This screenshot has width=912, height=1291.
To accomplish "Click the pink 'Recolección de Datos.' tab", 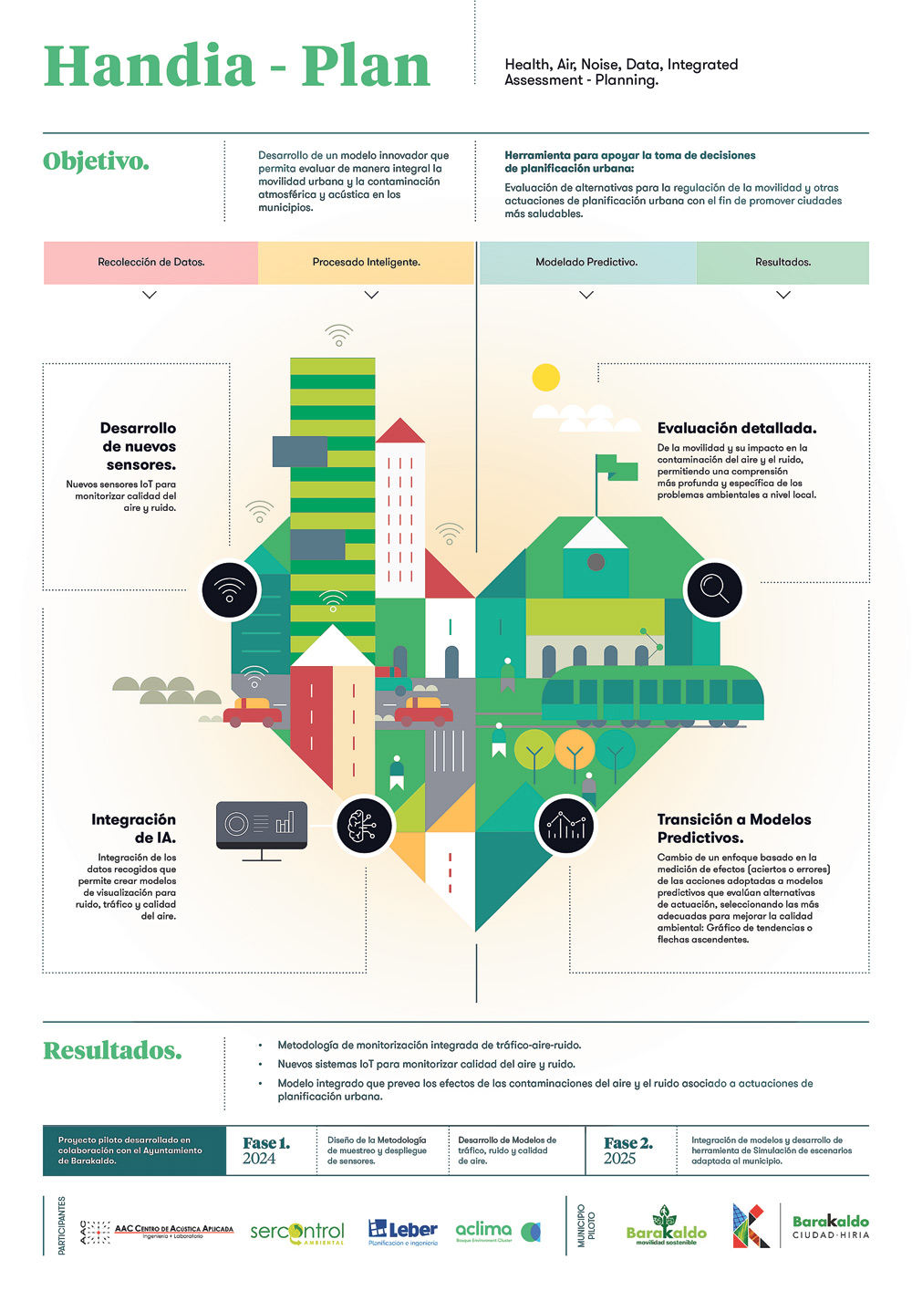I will tap(150, 263).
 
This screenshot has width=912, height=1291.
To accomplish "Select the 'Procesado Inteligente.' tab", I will tap(366, 263).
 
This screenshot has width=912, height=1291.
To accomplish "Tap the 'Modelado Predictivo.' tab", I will tap(586, 263).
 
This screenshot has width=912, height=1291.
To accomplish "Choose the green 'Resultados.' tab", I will tap(782, 263).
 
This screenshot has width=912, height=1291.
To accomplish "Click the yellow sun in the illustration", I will tap(545, 377).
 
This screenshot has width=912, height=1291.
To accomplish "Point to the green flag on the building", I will tap(618, 468).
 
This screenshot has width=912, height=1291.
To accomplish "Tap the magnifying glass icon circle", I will tap(714, 589).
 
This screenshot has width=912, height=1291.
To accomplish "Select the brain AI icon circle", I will tap(364, 825).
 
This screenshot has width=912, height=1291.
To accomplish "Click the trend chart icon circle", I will tap(565, 825).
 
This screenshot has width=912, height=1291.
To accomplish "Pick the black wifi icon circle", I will tap(230, 589).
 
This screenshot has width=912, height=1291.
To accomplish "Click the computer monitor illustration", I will tap(262, 827).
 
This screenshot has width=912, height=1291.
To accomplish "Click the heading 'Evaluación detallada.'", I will tap(736, 428).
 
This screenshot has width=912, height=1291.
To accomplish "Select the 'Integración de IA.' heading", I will tap(134, 828).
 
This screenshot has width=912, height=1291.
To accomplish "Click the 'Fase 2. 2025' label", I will tap(627, 1150).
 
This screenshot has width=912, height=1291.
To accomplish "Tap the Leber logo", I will tap(402, 1232).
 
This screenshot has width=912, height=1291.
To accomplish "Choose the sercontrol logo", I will tap(297, 1233).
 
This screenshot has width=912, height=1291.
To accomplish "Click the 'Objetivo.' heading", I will tap(96, 161).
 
